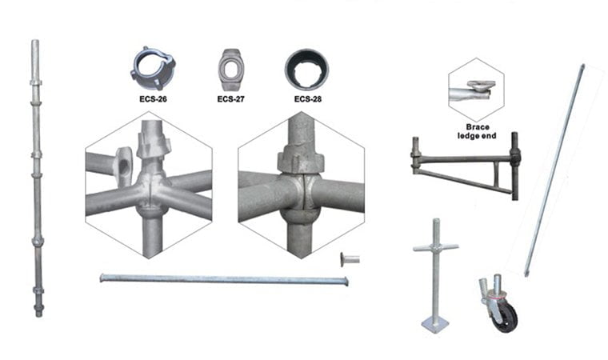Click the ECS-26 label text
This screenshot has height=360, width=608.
click(x=153, y=99)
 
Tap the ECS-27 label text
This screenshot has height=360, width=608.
click(x=230, y=99)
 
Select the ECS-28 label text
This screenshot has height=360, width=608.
click(x=308, y=99)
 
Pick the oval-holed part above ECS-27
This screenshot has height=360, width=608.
click(x=231, y=70)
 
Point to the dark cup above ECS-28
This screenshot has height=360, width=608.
click(x=306, y=70)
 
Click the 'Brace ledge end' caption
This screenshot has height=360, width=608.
click(x=477, y=131)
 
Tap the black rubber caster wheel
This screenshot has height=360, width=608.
click(x=506, y=319)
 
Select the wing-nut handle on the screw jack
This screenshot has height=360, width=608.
click(x=436, y=246)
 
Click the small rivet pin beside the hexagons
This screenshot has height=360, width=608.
click(x=350, y=259)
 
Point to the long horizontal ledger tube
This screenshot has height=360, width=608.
click(x=224, y=279)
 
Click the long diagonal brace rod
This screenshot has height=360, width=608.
click(x=554, y=170)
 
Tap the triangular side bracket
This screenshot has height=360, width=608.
click(x=465, y=167)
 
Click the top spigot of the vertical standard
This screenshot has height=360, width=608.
click(x=35, y=58)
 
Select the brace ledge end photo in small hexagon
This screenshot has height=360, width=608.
click(x=476, y=90)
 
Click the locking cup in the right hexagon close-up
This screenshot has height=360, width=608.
click(x=301, y=160)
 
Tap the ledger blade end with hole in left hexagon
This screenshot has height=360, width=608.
click(x=123, y=166)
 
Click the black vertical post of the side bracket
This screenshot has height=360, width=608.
click(x=515, y=166)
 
